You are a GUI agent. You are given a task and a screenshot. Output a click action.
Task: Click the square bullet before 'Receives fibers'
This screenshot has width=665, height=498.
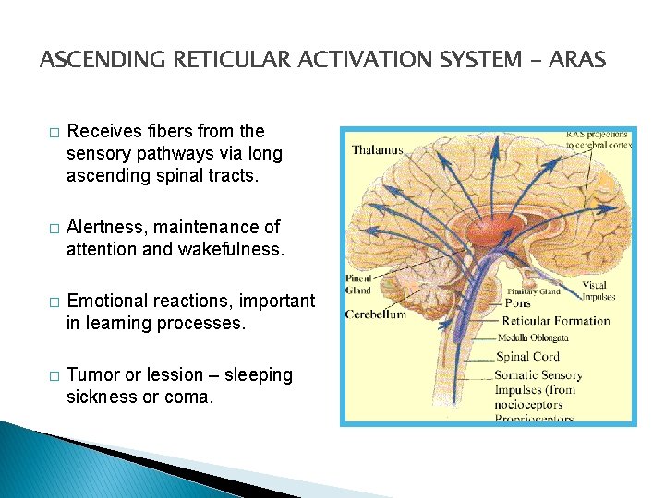[54, 132]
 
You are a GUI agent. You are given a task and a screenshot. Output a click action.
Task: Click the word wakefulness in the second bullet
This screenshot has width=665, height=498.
[232, 248]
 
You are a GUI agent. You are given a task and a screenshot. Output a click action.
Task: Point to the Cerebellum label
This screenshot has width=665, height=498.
[376, 314]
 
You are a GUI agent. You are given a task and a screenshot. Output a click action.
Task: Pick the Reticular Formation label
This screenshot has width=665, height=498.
[555, 321]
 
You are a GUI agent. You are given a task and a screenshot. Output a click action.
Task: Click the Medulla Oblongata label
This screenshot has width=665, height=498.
[535, 338]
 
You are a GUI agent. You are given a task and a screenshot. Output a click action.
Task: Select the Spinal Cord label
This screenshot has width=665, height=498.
[527, 356]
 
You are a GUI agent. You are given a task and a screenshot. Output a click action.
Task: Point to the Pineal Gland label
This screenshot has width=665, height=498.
[360, 283]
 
